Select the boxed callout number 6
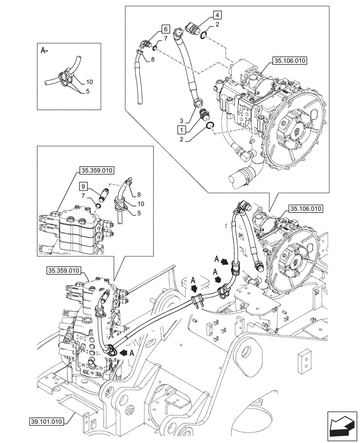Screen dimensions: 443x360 click(x=165, y=29)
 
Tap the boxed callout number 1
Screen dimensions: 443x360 click(x=181, y=129)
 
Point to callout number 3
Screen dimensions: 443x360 click(x=181, y=120)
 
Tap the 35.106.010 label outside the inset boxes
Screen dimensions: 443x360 click(x=306, y=208)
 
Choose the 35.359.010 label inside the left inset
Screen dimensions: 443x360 click(x=97, y=170)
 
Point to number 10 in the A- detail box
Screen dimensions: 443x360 click(x=89, y=82)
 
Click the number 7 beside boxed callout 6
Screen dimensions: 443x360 click(x=165, y=39)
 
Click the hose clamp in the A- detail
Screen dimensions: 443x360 click(x=65, y=78)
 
